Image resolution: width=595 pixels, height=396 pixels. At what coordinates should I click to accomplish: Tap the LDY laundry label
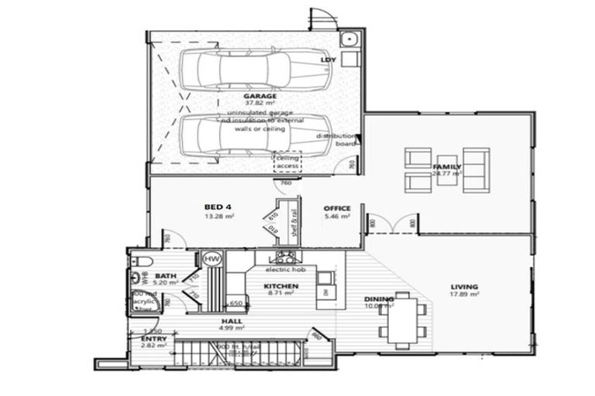tap(328, 60)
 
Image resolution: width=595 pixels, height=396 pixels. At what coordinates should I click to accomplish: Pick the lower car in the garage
tap(235, 135)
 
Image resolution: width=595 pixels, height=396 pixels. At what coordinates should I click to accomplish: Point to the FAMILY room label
tap(447, 166)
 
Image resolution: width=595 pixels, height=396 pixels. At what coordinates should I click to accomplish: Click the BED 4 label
tap(218, 207)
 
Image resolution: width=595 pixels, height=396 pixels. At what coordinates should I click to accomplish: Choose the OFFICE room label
tap(338, 208)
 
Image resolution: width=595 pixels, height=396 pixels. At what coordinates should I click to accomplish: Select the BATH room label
tap(167, 275)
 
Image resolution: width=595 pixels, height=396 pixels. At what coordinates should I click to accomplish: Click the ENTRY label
tap(153, 339)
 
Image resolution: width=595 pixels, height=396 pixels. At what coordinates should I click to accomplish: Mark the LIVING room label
tap(465, 286)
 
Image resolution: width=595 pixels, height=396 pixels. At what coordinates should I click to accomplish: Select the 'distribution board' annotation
tap(335, 139)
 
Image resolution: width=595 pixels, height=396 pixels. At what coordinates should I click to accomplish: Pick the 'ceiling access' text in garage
tap(288, 162)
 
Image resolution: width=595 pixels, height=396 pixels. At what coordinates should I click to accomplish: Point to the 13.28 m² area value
tap(219, 217)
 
